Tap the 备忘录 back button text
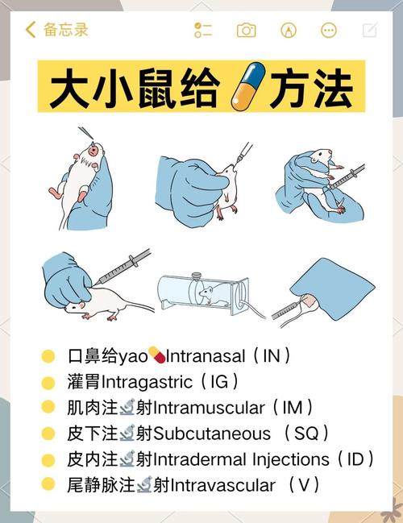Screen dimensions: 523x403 pyautogui.click(x=65, y=30)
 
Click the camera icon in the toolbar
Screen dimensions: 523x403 pyautogui.click(x=246, y=31)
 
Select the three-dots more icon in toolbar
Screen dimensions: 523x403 pyautogui.click(x=329, y=31)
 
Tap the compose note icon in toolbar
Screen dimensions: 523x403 pyautogui.click(x=369, y=31)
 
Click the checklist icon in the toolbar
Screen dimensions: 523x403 pyautogui.click(x=203, y=31)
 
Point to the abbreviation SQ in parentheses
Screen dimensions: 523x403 pyautogui.click(x=306, y=433)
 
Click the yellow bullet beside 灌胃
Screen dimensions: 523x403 pyautogui.click(x=48, y=381)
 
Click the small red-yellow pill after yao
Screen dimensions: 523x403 pyautogui.click(x=157, y=355)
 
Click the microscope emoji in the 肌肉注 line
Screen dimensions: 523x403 pyautogui.click(x=127, y=407)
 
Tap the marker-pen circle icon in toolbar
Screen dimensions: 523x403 pyautogui.click(x=288, y=31)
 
